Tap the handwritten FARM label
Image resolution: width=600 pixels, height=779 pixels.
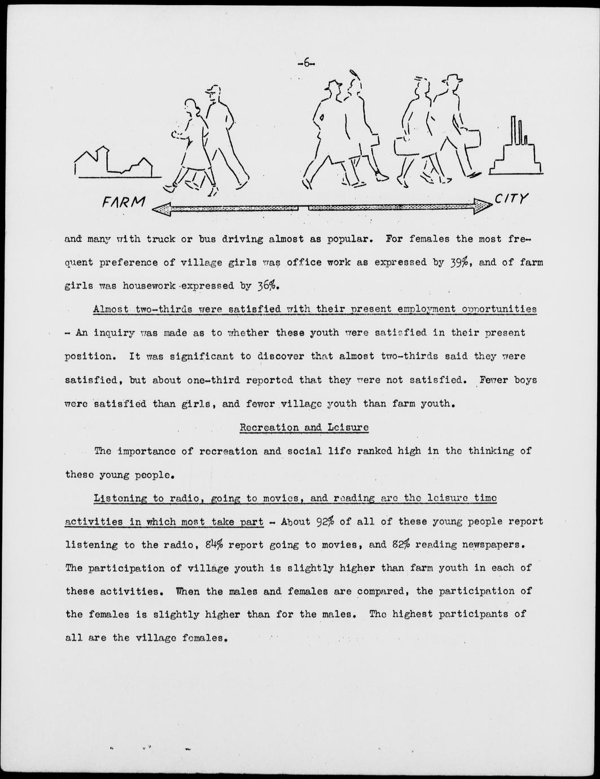pos(124,202)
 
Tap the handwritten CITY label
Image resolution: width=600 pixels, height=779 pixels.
pos(511,199)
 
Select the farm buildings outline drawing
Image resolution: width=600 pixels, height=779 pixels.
pos(113,162)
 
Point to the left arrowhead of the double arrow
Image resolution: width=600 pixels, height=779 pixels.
pos(161,208)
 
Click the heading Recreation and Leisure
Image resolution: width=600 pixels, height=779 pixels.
pos(304,427)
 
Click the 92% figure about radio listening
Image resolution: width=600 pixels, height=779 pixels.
pos(325,521)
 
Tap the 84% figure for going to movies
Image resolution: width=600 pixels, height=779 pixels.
pos(214,545)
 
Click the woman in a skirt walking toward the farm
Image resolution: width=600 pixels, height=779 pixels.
pos(192,144)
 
